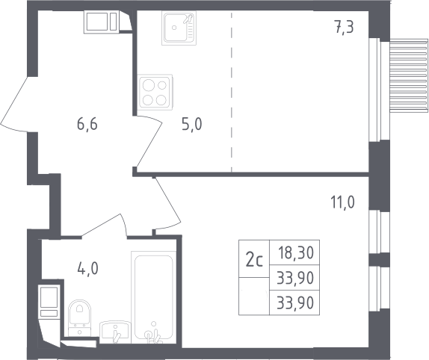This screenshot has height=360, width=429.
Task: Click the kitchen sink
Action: pyautogui.click(x=179, y=28)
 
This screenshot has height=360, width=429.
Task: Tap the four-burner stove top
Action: pyautogui.click(x=155, y=93)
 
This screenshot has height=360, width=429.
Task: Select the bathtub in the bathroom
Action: pyautogui.click(x=153, y=297)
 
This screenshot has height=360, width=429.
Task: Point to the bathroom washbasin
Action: pyautogui.click(x=115, y=332)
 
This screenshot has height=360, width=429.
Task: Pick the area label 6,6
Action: pyautogui.click(x=87, y=125)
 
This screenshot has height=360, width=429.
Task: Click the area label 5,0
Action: pyautogui.click(x=192, y=125)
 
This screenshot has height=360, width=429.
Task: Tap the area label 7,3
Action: pyautogui.click(x=344, y=27)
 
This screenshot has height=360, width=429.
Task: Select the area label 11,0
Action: pyautogui.click(x=342, y=202)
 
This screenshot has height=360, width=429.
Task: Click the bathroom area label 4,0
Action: pyautogui.click(x=87, y=269)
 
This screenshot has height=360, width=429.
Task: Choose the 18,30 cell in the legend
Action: pyautogui.click(x=295, y=252)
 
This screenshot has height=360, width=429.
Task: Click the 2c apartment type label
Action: pyautogui.click(x=254, y=259)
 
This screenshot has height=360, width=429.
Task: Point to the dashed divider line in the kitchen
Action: pyautogui.click(x=232, y=92)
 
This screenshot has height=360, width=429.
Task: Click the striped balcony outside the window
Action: pyautogui.click(x=409, y=75)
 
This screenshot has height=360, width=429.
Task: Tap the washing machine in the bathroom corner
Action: pyautogui.click(x=49, y=301)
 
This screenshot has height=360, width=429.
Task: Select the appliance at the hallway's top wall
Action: pyautogui.click(x=102, y=22)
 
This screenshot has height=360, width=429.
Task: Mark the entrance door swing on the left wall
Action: pyautogui.click(x=15, y=105)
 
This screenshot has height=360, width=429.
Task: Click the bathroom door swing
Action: pyautogui.click(x=104, y=225)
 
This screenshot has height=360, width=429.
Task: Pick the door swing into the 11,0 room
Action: pyautogui.click(x=167, y=204)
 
